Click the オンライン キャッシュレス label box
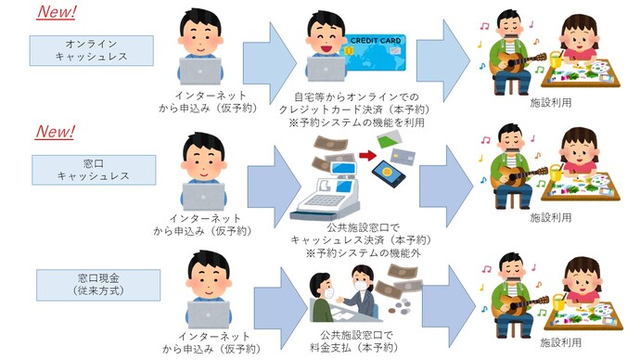click(91, 51)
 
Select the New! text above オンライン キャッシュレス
click(55, 13)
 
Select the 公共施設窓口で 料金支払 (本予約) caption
click(347, 341)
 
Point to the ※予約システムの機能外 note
click(347, 252)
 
